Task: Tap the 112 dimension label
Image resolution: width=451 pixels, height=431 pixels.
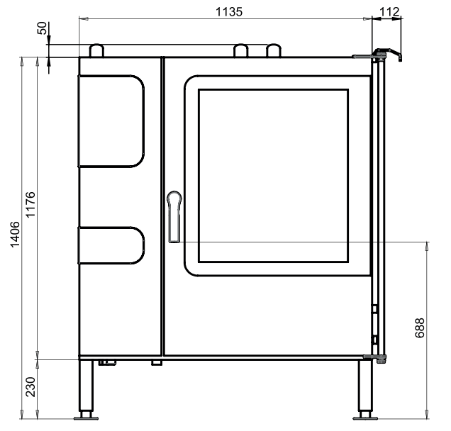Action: [x=389, y=11]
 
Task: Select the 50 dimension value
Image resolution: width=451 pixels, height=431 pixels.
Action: [x=42, y=29]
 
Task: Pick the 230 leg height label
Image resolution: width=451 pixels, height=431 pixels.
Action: [x=29, y=388]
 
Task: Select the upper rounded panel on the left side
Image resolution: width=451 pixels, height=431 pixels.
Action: [x=111, y=121]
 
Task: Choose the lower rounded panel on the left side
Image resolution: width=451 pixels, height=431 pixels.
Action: [x=111, y=245]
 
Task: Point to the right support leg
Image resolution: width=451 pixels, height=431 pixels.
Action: [x=365, y=386]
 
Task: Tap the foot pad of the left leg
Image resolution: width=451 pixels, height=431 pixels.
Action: [x=86, y=415]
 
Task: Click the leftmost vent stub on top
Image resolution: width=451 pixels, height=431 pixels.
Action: [x=97, y=50]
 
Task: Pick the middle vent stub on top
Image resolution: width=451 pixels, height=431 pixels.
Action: [x=242, y=50]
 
